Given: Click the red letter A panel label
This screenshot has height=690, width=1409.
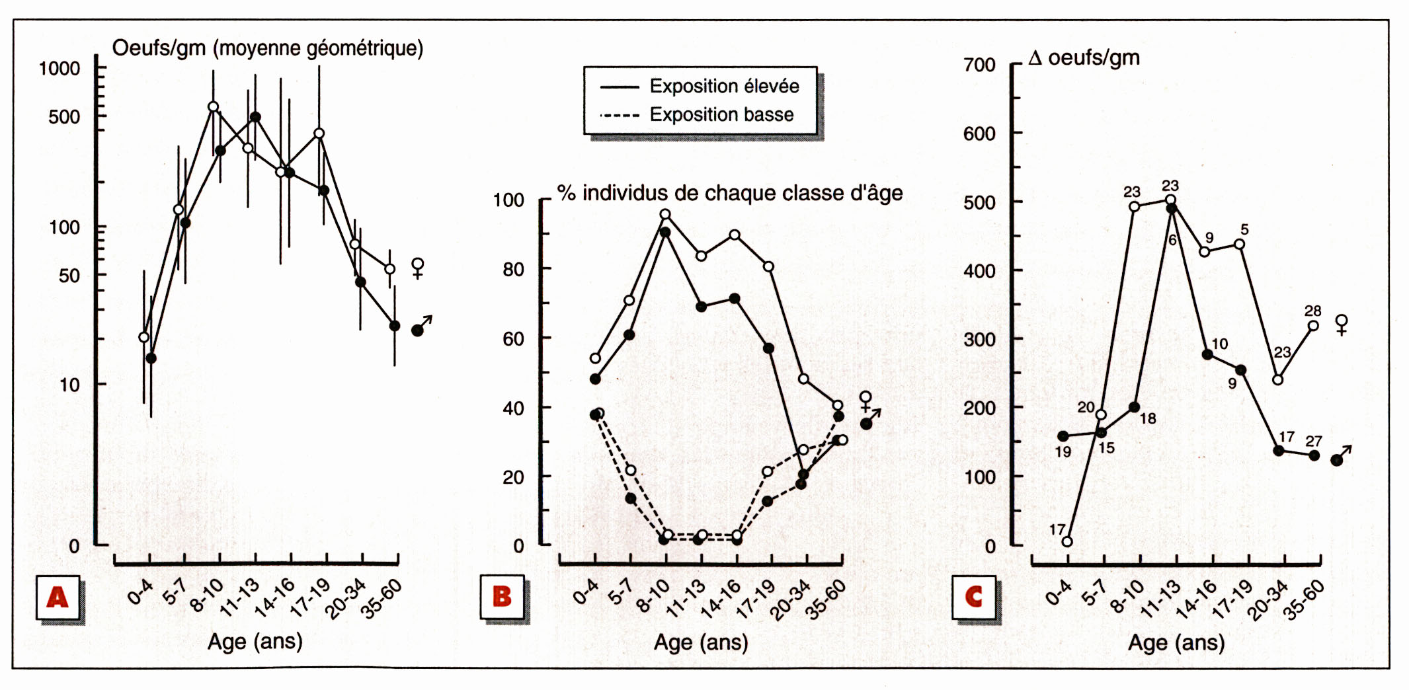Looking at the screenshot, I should click(x=58, y=597).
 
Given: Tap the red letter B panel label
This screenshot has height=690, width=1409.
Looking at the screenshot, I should click(x=503, y=597).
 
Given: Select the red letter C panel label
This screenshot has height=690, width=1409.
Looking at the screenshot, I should click(x=974, y=597).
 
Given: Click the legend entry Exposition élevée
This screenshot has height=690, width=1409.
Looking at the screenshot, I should click(x=724, y=86).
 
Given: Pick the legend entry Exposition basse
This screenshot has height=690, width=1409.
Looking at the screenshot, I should click(x=721, y=114).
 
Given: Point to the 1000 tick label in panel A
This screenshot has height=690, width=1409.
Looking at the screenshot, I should click(x=60, y=69).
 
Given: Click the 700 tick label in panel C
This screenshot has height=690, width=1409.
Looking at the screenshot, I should click(x=979, y=65).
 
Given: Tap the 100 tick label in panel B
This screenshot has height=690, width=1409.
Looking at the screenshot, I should click(x=508, y=200).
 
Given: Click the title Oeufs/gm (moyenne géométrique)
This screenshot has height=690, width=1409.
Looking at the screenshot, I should click(x=268, y=48).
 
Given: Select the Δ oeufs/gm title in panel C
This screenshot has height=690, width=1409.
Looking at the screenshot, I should click(x=1084, y=58).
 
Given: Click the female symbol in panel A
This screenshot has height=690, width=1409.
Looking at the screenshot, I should click(x=418, y=268).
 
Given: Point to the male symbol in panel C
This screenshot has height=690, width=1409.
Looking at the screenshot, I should click(x=1342, y=456).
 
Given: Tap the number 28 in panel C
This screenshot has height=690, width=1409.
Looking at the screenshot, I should click(x=1312, y=311).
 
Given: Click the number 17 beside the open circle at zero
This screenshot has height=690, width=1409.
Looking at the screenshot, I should click(x=1057, y=529).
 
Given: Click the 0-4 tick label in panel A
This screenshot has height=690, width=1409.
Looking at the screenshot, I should click(x=140, y=592).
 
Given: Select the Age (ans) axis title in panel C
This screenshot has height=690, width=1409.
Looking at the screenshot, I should click(x=1176, y=642).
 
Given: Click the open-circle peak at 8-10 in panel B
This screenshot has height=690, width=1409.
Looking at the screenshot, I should click(x=665, y=214).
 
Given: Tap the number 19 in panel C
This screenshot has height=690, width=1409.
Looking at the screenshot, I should click(x=1063, y=452).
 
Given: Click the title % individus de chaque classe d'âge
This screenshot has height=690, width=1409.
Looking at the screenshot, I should click(x=729, y=193).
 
